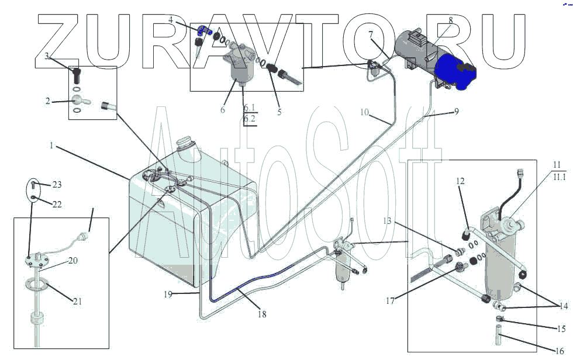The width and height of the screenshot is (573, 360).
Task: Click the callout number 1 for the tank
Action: coord(51,146)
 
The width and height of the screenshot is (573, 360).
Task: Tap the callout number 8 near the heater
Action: coord(450,20)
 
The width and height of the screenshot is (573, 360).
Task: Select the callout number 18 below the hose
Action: coord(262,314)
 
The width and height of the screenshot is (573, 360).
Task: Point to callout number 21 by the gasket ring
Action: coord(77,302)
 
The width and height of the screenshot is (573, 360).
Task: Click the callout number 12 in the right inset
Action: coord(461,181)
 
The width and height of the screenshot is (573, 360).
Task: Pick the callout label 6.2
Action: coord(250,119)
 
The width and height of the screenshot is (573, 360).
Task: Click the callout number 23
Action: coord(57,185)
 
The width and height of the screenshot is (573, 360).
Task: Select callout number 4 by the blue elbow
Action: coord(171,20)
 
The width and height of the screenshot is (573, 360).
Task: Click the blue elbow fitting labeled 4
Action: coord(202,29)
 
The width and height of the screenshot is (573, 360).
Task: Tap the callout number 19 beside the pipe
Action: coord(168,295)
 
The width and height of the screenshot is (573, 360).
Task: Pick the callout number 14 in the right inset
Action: coord(564,306)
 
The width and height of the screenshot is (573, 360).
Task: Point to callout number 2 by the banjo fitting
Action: coord(47,101)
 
